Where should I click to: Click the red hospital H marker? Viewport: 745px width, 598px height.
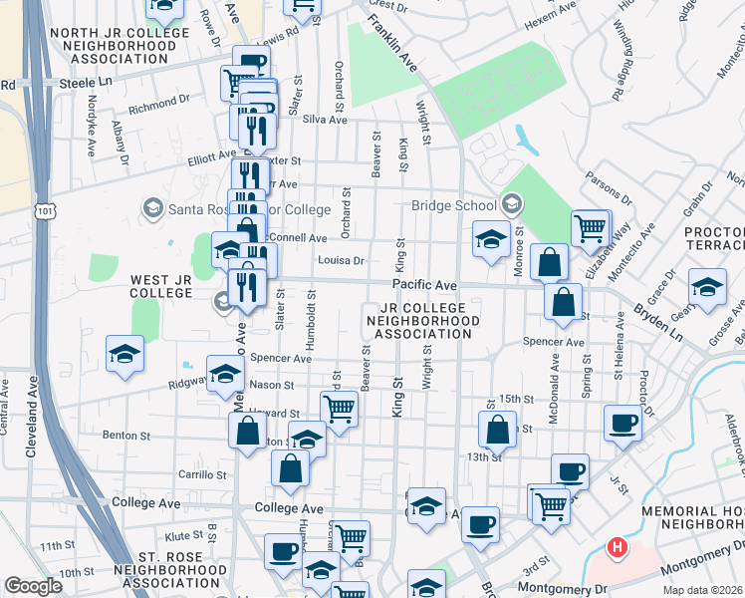tap(618, 547)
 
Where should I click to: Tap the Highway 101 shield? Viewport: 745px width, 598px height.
tap(45, 211)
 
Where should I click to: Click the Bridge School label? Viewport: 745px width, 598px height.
tap(454, 206)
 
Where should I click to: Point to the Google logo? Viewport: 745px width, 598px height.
tap(33, 586)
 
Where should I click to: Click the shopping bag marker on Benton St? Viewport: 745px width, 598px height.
tap(247, 432)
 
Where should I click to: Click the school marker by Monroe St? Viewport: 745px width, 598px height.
tap(490, 239)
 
